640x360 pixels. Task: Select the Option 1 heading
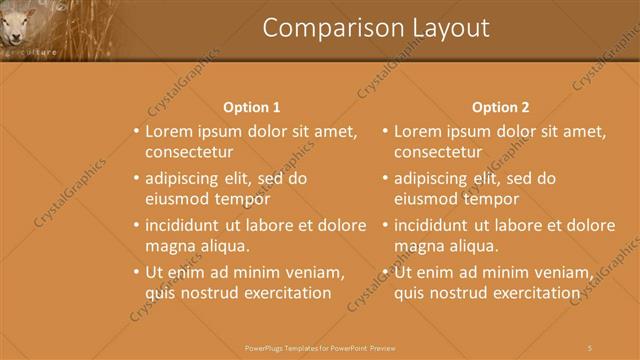[x=251, y=107]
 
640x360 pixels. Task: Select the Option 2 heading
[x=500, y=107]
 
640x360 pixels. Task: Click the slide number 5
[x=590, y=347]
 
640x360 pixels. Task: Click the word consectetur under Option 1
[x=189, y=153]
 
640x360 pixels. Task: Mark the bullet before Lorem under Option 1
[x=136, y=131]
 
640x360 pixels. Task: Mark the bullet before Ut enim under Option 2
[x=385, y=272]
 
